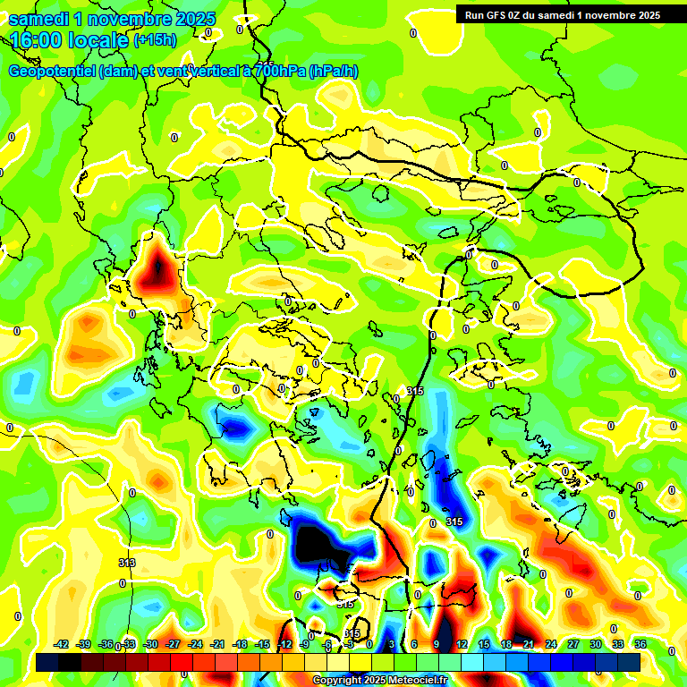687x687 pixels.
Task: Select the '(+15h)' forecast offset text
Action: point(155,40)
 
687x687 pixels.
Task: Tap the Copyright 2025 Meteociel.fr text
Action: point(380,681)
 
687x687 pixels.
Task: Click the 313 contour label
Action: point(127,563)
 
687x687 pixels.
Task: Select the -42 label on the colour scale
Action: point(61,645)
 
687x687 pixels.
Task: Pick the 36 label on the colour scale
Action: point(640,645)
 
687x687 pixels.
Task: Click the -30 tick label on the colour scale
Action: point(150,645)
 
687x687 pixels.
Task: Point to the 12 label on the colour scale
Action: point(461,645)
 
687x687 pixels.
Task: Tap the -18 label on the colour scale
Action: point(240,645)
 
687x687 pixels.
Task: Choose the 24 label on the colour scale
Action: point(551,645)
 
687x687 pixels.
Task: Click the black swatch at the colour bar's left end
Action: point(47,662)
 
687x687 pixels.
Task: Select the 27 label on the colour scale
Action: point(573,645)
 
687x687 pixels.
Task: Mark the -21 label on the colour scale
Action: point(217,645)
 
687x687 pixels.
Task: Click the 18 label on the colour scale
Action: point(505,645)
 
